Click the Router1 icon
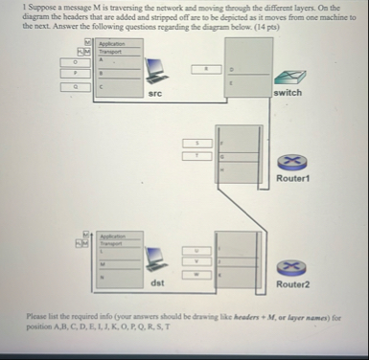click(289, 164)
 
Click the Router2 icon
click(289, 269)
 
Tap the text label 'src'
click(155, 94)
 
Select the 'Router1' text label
click(290, 179)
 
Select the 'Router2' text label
click(290, 284)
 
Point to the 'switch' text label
click(288, 93)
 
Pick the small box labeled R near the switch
click(203, 69)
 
